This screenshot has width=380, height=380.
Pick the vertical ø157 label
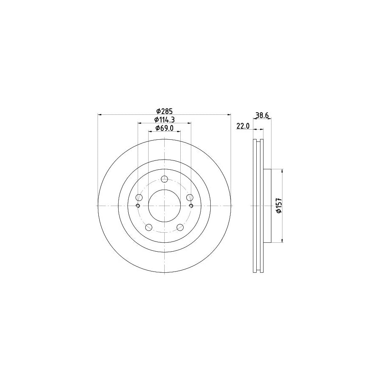coord(279,206)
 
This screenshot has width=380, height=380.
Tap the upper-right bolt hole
coord(190,197)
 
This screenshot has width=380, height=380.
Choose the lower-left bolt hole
coord(149,227)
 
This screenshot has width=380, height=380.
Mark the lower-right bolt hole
coord(180,227)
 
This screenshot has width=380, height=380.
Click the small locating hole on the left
coord(138,206)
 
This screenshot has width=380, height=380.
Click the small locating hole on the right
coord(191,206)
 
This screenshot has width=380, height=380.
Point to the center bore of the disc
coord(164,206)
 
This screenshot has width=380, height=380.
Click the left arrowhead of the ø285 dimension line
coord(100,114)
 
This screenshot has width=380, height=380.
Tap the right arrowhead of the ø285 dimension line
coord(229,114)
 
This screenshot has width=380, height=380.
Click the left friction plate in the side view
coord(255,206)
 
